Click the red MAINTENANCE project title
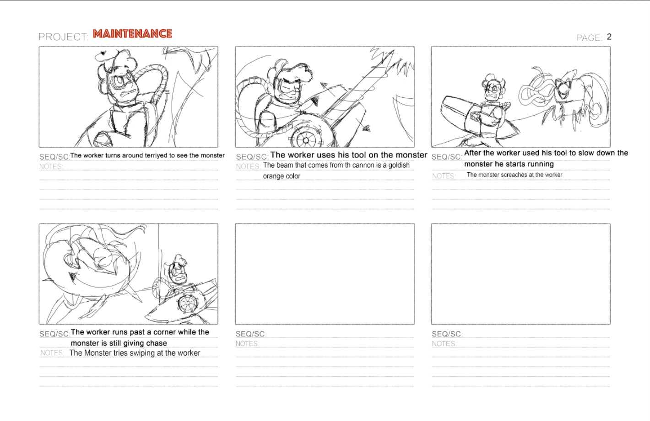click(132, 34)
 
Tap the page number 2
click(609, 37)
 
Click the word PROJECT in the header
click(63, 37)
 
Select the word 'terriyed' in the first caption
click(156, 155)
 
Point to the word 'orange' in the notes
click(273, 176)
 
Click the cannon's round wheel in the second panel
click(306, 138)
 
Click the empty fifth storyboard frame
click(325, 274)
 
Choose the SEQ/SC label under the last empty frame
click(447, 334)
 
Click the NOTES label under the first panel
click(51, 167)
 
